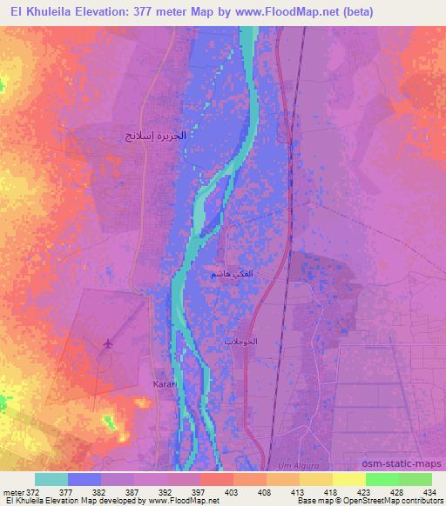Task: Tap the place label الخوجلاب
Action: (x=241, y=342)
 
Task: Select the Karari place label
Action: (x=166, y=383)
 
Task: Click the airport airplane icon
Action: (x=108, y=346)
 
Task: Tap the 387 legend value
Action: (x=133, y=491)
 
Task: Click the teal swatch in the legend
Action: (x=51, y=479)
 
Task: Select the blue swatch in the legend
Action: (x=84, y=479)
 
